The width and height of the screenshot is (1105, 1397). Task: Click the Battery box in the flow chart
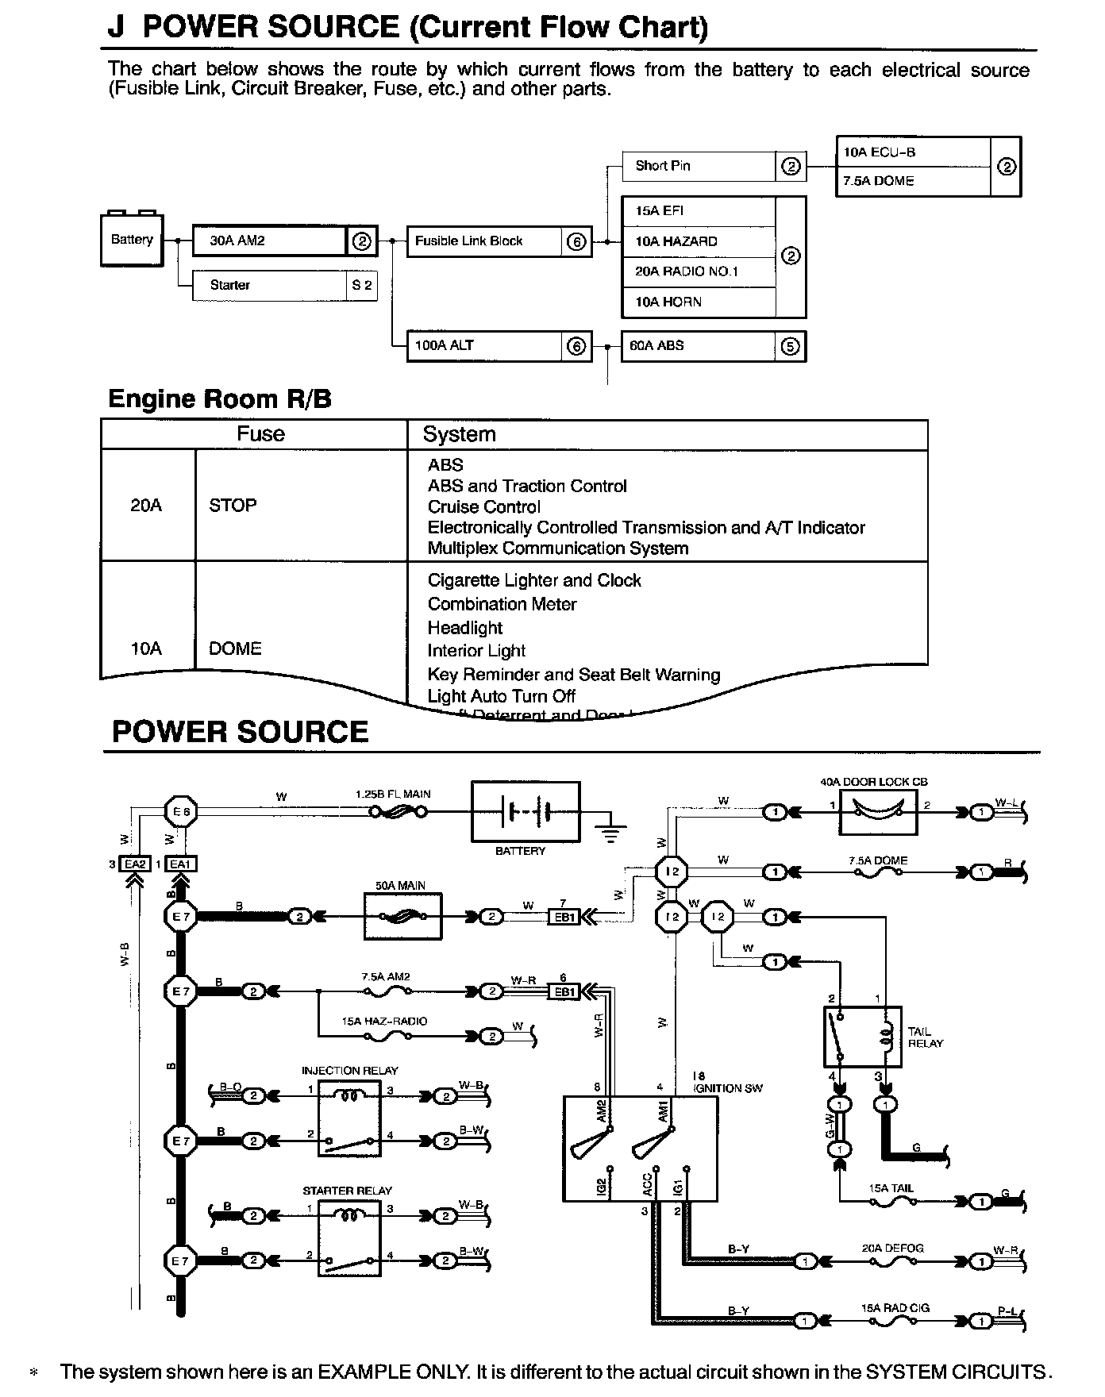(x=132, y=240)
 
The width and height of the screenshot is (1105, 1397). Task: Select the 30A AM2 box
(x=270, y=241)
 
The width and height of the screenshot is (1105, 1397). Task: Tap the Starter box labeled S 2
(x=270, y=286)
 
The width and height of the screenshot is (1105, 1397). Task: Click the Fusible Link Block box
(x=485, y=241)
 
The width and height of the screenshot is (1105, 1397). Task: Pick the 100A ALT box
(x=485, y=346)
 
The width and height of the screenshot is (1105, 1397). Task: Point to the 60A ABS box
(x=699, y=346)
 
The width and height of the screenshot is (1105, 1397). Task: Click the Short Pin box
(x=699, y=166)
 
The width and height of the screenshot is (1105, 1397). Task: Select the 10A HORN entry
(x=699, y=302)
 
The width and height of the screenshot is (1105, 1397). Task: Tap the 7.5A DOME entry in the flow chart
(x=913, y=181)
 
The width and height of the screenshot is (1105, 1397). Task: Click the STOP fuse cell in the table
(x=233, y=506)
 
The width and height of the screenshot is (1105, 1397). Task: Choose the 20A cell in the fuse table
(x=146, y=506)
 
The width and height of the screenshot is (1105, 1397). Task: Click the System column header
(x=459, y=434)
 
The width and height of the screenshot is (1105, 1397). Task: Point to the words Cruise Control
(x=483, y=507)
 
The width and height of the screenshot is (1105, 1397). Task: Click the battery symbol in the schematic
(x=526, y=812)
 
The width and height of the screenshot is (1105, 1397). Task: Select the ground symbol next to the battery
(x=610, y=829)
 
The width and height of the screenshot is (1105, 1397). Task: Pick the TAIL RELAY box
(x=863, y=1037)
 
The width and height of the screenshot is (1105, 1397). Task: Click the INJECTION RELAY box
(x=349, y=1118)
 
